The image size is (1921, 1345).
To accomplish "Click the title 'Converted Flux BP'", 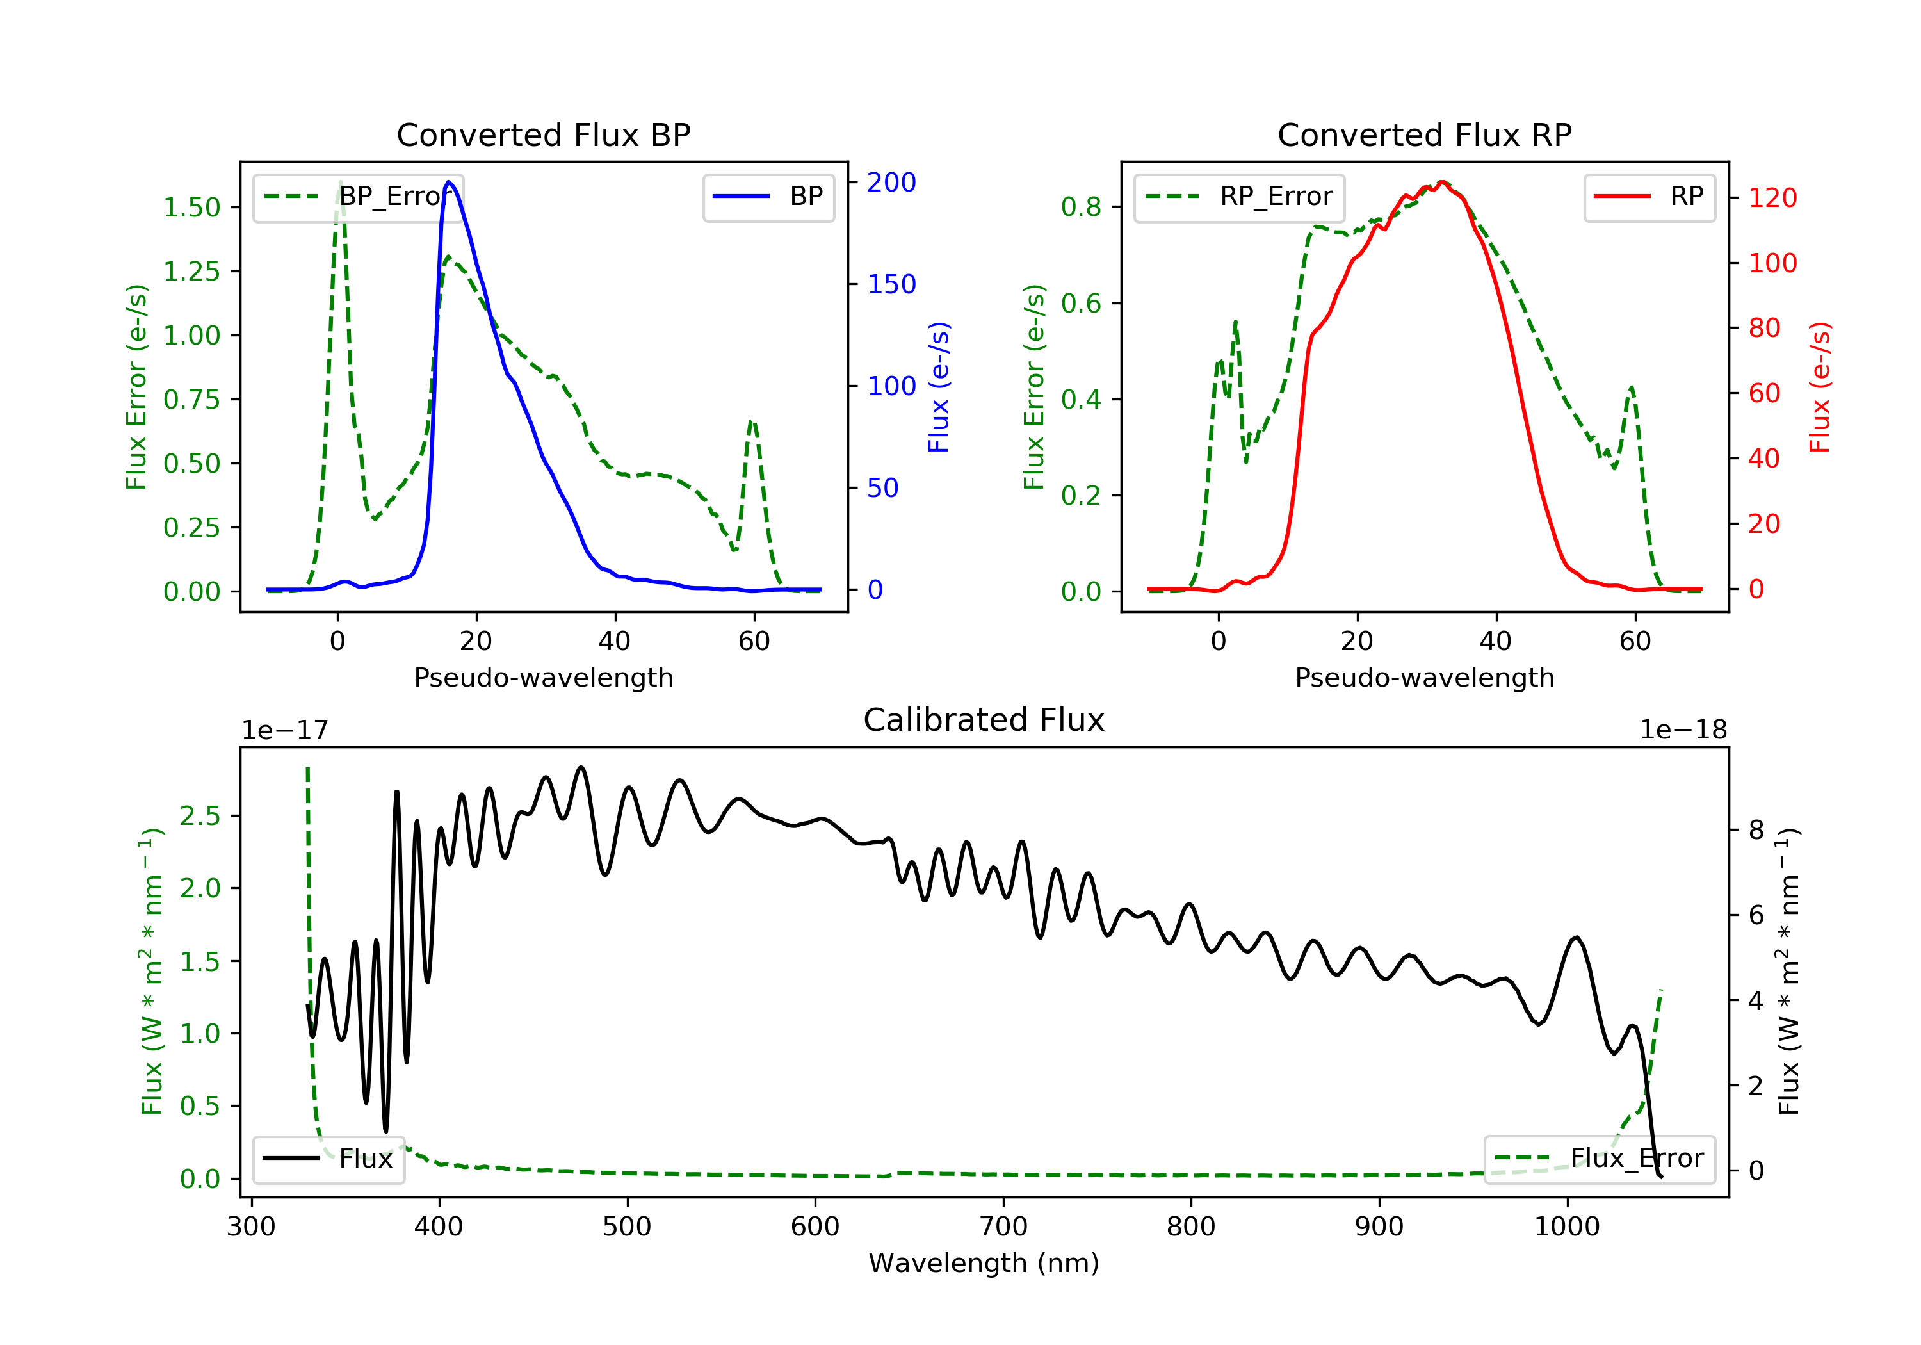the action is pyautogui.click(x=544, y=134).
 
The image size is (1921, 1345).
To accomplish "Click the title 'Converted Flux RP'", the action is pyautogui.click(x=1425, y=134).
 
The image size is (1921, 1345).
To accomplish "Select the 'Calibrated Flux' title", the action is pyautogui.click(x=984, y=720).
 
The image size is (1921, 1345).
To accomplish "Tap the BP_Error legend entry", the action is pyautogui.click(x=358, y=197).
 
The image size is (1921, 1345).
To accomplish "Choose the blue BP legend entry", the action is pyautogui.click(x=768, y=197).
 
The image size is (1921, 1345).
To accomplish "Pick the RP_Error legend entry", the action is pyautogui.click(x=1239, y=197).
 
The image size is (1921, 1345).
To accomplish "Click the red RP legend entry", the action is pyautogui.click(x=1649, y=197).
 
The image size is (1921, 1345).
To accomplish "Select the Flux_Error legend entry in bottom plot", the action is pyautogui.click(x=1599, y=1159).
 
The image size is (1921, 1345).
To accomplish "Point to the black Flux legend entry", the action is pyautogui.click(x=328, y=1159).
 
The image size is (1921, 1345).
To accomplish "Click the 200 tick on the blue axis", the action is pyautogui.click(x=891, y=183).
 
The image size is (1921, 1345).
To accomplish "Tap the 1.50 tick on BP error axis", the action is pyautogui.click(x=191, y=208).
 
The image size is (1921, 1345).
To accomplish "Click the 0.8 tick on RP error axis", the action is pyautogui.click(x=1081, y=207).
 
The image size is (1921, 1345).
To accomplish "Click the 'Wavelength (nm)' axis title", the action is pyautogui.click(x=984, y=1263).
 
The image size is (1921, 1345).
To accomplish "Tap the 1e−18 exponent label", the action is pyautogui.click(x=1683, y=730).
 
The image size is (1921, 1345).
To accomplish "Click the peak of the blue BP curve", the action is pyautogui.click(x=450, y=182).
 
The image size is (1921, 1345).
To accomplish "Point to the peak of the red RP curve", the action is pyautogui.click(x=1441, y=183).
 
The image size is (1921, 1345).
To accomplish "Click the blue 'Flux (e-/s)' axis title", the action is pyautogui.click(x=939, y=387).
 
